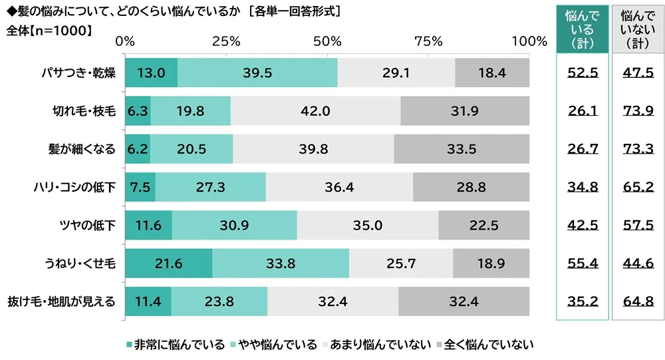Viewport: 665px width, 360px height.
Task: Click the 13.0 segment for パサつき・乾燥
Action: coord(151,73)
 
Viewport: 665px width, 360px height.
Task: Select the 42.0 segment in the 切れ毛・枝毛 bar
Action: coord(316,110)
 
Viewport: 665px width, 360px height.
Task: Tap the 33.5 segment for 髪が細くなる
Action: coord(462,149)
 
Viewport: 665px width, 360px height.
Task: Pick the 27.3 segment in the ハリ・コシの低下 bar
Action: coord(210,187)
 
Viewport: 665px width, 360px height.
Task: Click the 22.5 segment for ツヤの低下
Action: coord(483,225)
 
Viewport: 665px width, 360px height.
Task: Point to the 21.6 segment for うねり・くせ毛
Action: coord(168,264)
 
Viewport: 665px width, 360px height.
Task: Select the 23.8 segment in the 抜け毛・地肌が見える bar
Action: coord(219,301)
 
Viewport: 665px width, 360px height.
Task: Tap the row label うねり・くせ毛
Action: coord(84,264)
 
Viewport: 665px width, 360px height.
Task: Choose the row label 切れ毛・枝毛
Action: coord(84,111)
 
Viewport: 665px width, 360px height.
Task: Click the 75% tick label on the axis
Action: coord(428,41)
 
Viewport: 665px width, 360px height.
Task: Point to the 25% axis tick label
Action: coord(226,41)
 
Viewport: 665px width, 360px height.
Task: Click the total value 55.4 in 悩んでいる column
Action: coord(583,264)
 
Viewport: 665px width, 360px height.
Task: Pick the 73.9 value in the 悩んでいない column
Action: coord(638,111)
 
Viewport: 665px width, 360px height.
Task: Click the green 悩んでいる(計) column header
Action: coord(583,29)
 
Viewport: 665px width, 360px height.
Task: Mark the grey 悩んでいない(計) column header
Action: coord(638,29)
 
